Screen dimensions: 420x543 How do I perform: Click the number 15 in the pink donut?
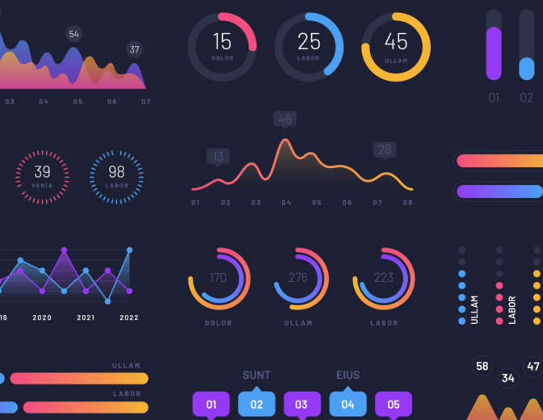tap(222, 41)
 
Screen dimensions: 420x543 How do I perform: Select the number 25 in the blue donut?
tap(309, 41)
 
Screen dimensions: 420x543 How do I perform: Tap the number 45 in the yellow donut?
tap(396, 41)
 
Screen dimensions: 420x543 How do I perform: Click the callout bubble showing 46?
tap(284, 120)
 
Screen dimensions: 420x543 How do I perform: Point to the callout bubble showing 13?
tap(217, 157)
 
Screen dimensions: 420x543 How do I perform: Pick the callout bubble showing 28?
tap(385, 149)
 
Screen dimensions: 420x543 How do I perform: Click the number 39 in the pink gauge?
tap(42, 171)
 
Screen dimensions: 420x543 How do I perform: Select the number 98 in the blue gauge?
tap(116, 171)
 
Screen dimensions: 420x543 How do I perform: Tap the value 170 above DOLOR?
tap(218, 278)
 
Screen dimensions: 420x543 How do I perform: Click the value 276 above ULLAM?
tap(298, 278)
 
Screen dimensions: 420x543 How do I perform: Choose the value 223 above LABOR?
tap(384, 278)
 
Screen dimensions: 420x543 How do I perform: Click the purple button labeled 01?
tap(212, 404)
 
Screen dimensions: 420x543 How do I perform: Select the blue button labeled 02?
tap(257, 404)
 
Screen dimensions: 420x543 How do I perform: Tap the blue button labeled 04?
tap(347, 404)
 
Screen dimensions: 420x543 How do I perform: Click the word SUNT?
tap(257, 375)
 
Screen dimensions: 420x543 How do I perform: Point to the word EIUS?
tap(347, 375)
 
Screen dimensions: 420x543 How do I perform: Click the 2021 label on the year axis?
tap(86, 317)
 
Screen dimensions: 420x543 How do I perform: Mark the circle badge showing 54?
tap(74, 34)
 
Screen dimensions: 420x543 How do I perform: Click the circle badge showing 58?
tap(482, 367)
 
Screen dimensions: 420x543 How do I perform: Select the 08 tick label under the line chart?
tap(407, 203)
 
